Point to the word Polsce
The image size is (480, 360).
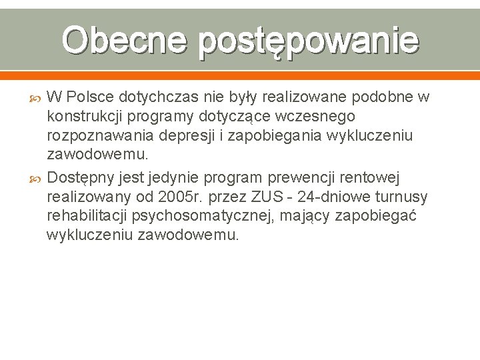[93, 98]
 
